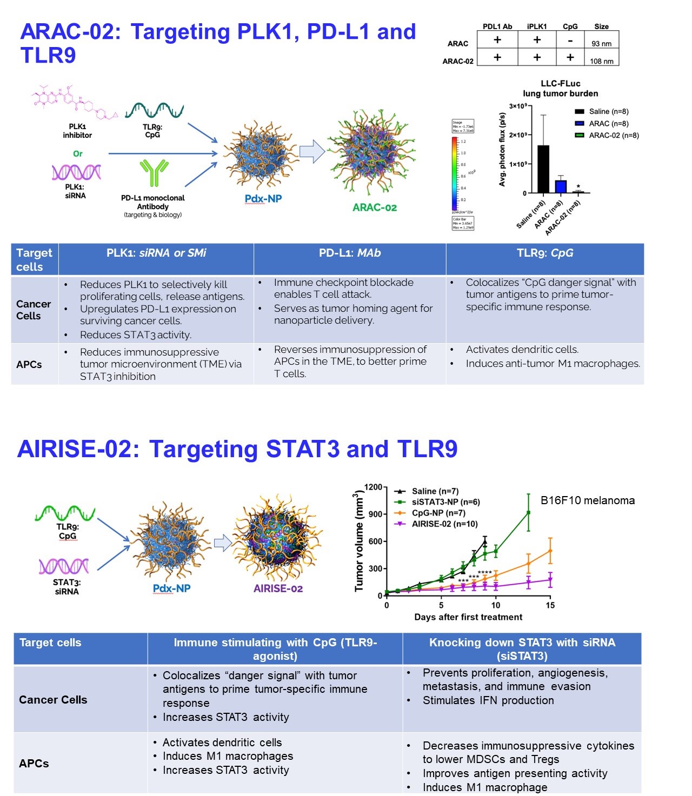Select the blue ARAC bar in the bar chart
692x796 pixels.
pyautogui.click(x=561, y=186)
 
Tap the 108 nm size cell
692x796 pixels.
pyautogui.click(x=601, y=61)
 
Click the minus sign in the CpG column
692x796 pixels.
pyautogui.click(x=570, y=40)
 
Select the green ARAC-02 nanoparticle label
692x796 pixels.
pyautogui.click(x=375, y=208)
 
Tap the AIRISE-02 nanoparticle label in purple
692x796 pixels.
pyautogui.click(x=278, y=588)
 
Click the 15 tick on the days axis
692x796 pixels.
pyautogui.click(x=550, y=605)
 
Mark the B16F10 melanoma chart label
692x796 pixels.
pyautogui.click(x=588, y=500)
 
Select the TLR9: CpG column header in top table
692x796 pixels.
pyautogui.click(x=545, y=253)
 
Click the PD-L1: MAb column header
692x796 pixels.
pyautogui.click(x=350, y=253)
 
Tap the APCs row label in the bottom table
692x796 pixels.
pyautogui.click(x=34, y=763)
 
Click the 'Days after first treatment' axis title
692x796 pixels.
pyautogui.click(x=468, y=617)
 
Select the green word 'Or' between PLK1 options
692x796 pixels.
pyautogui.click(x=78, y=153)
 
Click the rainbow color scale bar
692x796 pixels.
pyautogui.click(x=455, y=173)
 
